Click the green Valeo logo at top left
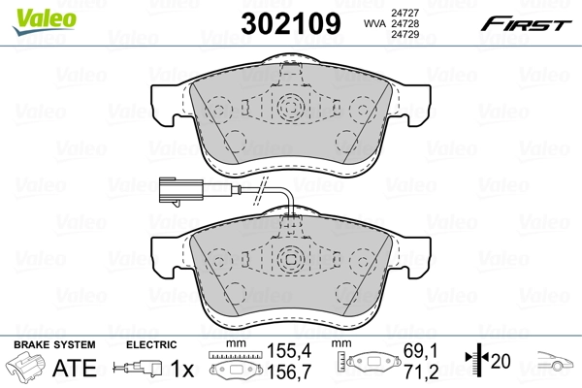pos(32,13)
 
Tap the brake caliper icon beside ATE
pos(27,369)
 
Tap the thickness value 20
pos(501,360)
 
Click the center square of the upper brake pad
pos(290,108)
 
